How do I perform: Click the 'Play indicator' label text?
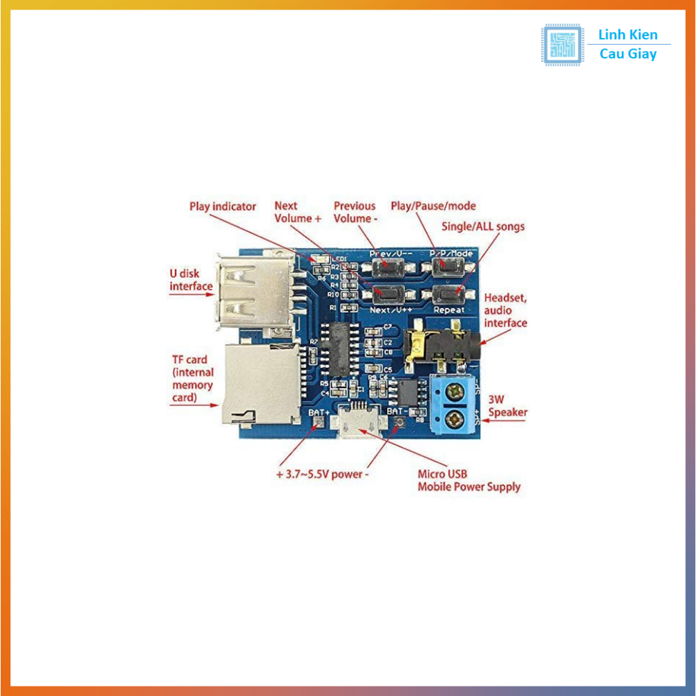pos(223,207)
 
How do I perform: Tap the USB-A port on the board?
pos(255,291)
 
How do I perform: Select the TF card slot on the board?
pos(261,383)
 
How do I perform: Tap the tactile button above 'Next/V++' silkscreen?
pos(388,294)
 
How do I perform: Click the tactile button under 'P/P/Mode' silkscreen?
pos(446,266)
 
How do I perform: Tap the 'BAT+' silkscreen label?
pos(319,412)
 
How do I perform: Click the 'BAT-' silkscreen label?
pos(397,411)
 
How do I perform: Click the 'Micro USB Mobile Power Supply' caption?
pos(468,481)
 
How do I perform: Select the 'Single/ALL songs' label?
pos(483,226)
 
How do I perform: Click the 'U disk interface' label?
pos(190,280)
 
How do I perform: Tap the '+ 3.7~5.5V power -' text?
pos(323,474)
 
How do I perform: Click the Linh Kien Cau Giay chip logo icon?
pos(561,45)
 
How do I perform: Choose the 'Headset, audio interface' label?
pos(506,311)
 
